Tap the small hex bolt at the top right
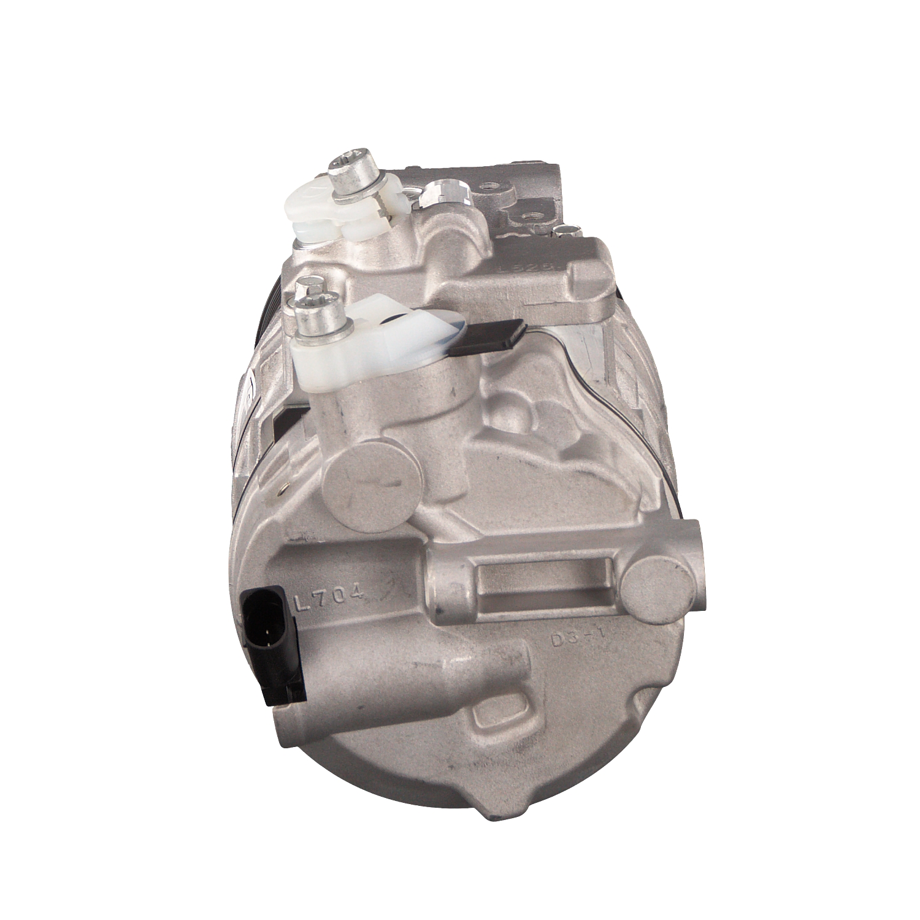coord(563,232)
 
